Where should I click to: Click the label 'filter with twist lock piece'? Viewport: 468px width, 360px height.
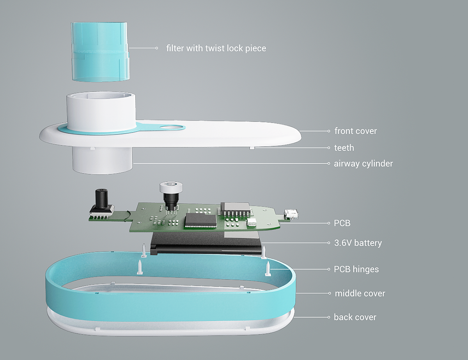pos(216,48)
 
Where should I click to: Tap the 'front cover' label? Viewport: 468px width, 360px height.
pos(355,131)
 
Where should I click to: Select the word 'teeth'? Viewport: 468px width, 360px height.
pos(344,147)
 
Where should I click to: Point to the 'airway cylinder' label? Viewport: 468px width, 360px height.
pos(363,163)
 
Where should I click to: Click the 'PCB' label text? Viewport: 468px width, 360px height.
pos(342,223)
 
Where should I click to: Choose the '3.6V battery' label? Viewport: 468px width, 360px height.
pos(358,243)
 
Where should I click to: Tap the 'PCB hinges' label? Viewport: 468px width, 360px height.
pos(356,269)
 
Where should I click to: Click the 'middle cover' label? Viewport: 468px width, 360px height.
pos(360,293)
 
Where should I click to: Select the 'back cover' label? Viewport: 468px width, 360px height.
pos(355,317)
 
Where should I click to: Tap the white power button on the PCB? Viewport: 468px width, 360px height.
pos(171,187)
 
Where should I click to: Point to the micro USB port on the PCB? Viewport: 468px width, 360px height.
pos(291,213)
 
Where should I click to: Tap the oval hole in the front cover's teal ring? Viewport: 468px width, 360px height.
pos(171,128)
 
